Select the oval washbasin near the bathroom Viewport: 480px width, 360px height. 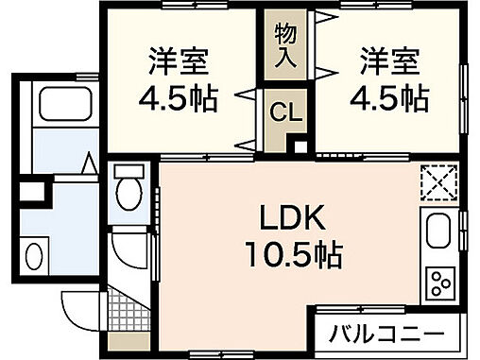point(34,256)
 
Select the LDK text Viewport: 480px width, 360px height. point(293,218)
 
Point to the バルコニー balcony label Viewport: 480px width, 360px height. point(387,333)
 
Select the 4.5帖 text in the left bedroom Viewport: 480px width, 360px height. point(178,98)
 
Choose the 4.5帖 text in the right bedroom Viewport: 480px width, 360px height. point(389,98)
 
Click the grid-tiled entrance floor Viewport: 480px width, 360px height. point(122,305)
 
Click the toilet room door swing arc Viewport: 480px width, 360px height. point(128,248)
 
